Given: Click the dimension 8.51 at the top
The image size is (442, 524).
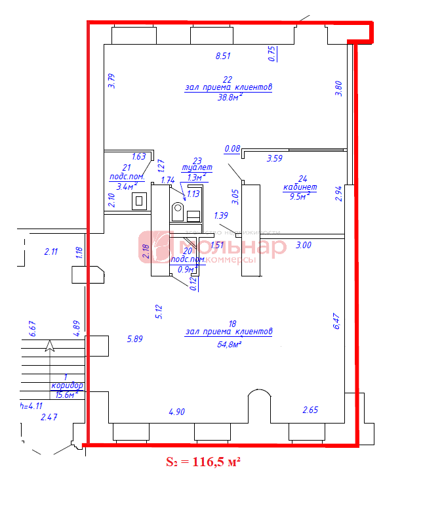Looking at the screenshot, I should (223, 56).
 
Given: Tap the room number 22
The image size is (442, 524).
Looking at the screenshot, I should (228, 79).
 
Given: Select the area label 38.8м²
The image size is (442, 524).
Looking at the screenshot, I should (230, 97).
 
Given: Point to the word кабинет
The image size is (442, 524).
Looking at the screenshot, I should (300, 187).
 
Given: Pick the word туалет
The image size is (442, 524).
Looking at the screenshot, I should (197, 168).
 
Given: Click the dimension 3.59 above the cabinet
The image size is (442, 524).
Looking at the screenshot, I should (274, 158).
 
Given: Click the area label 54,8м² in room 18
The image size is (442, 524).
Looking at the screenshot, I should (229, 343).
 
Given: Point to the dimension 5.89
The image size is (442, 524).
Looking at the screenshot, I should (134, 339).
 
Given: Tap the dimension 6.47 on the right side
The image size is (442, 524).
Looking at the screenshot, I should (337, 321).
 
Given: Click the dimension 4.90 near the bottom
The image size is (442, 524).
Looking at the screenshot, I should (176, 412).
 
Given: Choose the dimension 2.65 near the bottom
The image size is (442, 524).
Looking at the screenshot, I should (310, 410).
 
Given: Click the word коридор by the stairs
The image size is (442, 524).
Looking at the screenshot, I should (67, 385).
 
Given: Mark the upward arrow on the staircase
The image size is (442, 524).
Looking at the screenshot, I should (50, 346).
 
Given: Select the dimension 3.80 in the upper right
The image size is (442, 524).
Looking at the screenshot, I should (338, 89).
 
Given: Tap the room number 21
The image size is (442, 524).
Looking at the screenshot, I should (127, 168).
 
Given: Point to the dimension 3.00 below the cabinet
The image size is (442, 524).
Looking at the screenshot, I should (304, 245).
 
